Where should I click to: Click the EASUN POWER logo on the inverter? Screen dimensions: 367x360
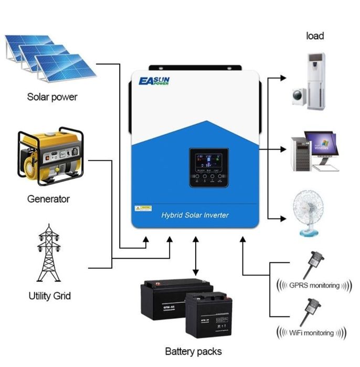[156, 81]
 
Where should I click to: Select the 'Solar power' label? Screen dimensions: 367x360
[52, 97]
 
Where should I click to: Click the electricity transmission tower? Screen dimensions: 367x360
[50, 255]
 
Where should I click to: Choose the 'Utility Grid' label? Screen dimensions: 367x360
[50, 296]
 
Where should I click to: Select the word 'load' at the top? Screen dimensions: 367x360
[315, 36]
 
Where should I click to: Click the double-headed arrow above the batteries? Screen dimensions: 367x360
[196, 256]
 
